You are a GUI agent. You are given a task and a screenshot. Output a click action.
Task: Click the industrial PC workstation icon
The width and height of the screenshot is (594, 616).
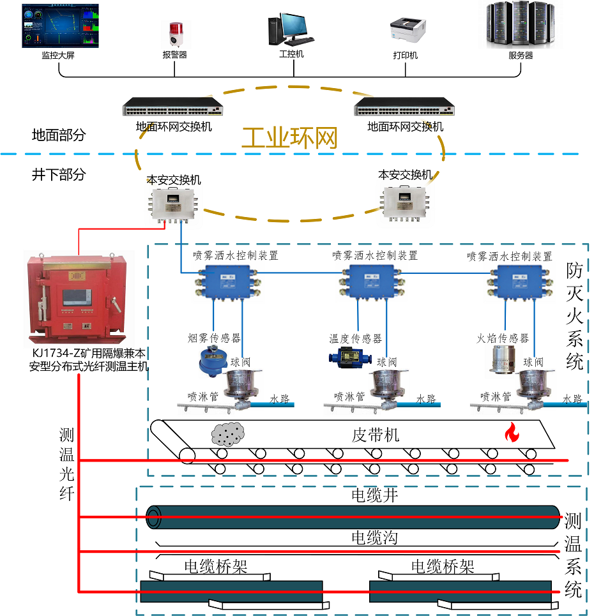click(x=290, y=29)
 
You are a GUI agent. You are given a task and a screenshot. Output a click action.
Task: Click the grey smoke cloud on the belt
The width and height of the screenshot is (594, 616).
click(x=228, y=434)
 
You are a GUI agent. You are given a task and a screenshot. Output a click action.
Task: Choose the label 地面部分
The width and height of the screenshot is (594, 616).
click(x=58, y=135)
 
